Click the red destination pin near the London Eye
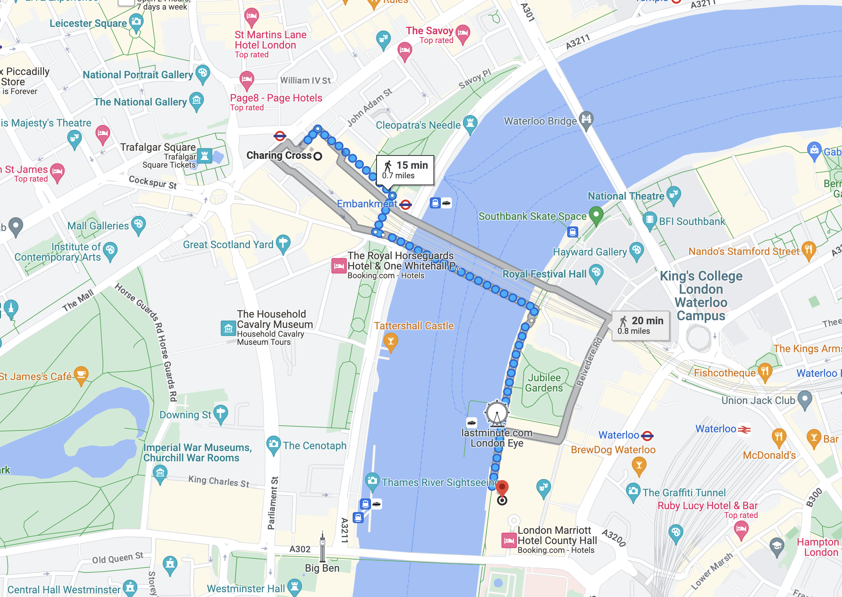(502, 488)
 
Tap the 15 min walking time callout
(405, 170)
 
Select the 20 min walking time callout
(640, 325)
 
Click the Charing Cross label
(279, 155)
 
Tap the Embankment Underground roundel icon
(406, 204)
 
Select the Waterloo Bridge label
(540, 121)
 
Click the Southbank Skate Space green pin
(596, 215)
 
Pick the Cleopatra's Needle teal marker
(470, 124)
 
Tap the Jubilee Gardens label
(544, 383)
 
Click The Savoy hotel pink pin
(463, 33)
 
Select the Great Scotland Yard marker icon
(283, 243)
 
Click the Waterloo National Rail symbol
(744, 429)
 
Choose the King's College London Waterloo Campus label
(701, 296)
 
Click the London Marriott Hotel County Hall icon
(509, 540)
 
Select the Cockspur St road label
(152, 182)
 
